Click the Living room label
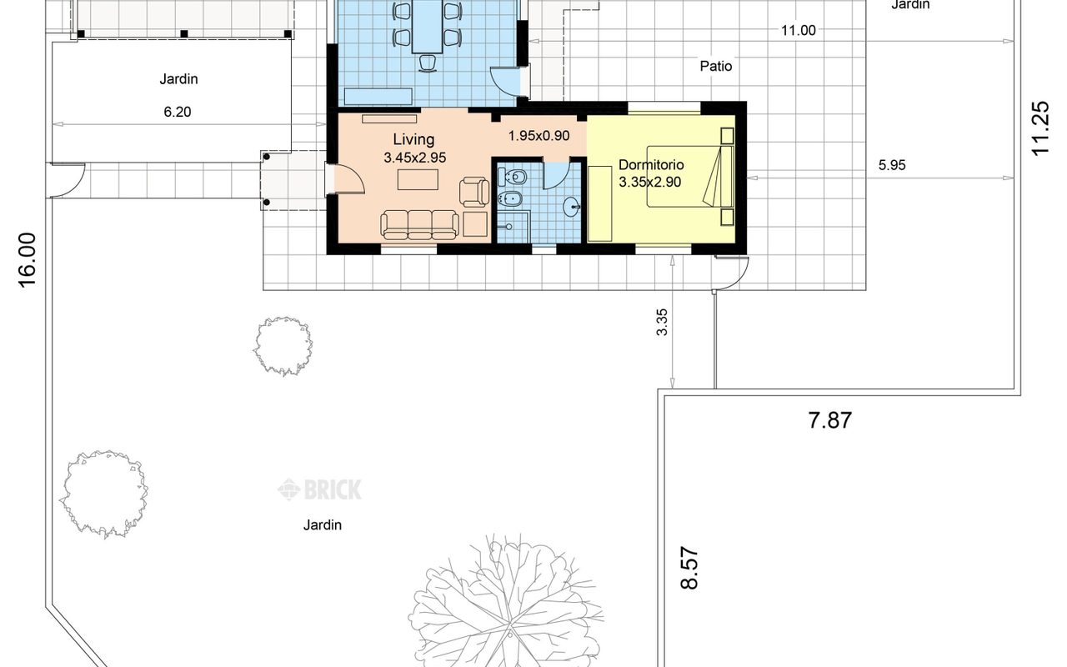413,139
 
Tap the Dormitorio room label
651,165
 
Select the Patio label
715,66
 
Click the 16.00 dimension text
28,260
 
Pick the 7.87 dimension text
829,420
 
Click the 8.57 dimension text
689,569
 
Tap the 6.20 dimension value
178,112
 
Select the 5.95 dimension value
892,165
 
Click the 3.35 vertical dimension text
662,323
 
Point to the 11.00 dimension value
799,31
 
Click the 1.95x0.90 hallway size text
539,136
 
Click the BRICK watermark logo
319,489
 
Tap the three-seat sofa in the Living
419,224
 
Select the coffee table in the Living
418,179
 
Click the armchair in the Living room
474,192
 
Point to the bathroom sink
572,207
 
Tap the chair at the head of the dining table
428,63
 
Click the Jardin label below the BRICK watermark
323,525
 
